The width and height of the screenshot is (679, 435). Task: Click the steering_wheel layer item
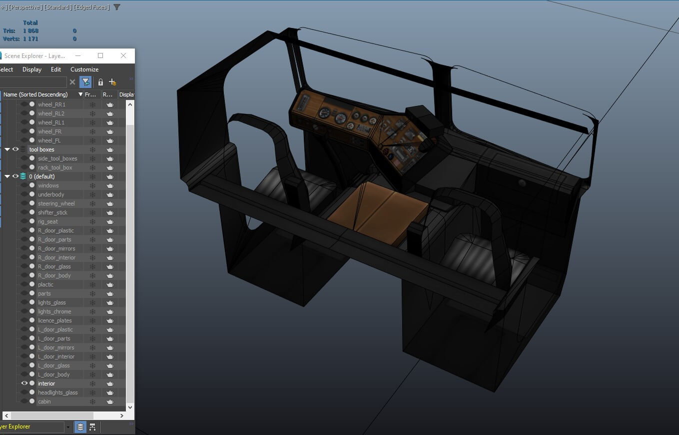tap(56, 203)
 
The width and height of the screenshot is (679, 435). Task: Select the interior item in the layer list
tap(46, 383)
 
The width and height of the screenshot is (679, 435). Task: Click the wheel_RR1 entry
tap(51, 104)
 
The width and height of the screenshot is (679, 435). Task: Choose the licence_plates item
tap(54, 320)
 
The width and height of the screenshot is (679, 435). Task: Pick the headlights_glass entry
tap(57, 392)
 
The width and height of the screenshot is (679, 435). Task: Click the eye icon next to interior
tap(24, 383)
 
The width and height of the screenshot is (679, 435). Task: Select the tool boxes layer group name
tap(41, 149)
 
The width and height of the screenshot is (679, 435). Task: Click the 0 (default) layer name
tap(42, 176)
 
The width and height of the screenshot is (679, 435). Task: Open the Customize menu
tap(84, 69)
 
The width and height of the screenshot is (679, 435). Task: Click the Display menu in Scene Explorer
tap(32, 69)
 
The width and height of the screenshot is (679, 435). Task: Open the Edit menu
tap(56, 69)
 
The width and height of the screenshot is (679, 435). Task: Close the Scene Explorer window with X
tap(123, 55)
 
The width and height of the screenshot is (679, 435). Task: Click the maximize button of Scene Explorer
tap(100, 55)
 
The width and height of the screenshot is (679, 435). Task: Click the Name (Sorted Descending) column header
tap(35, 94)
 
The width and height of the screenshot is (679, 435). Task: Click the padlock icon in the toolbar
tap(100, 82)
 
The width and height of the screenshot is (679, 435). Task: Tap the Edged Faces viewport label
tap(92, 7)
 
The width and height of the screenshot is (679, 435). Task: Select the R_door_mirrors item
tap(56, 248)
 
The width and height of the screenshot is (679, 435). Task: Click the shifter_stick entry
tap(52, 212)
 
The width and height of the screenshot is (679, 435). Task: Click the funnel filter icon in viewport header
tap(117, 7)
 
